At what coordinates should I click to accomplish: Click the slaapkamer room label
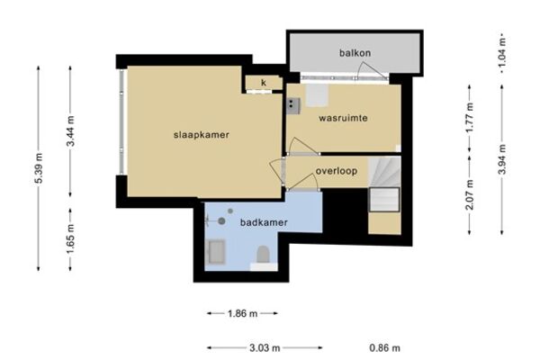[201, 135]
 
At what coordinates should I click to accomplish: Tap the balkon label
[355, 53]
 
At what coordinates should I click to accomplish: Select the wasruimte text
[343, 118]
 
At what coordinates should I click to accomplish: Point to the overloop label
[336, 171]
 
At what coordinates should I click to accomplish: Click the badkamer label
[264, 222]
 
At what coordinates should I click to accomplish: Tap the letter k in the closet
[264, 83]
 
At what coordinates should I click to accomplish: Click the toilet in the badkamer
[263, 255]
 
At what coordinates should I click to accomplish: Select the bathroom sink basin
[217, 251]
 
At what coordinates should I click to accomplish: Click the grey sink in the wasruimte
[293, 106]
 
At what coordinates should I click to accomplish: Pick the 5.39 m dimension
[39, 168]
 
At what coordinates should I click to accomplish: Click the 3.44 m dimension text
[70, 131]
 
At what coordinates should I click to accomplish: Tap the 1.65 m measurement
[70, 238]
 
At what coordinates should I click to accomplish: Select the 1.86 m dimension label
[242, 313]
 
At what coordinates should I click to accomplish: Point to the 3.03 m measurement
[265, 348]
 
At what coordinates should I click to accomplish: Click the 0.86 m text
[384, 348]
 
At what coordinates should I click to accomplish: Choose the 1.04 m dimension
[502, 53]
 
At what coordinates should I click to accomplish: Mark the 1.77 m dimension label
[470, 118]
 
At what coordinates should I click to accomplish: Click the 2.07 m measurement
[470, 194]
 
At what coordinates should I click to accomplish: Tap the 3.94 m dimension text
[502, 159]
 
